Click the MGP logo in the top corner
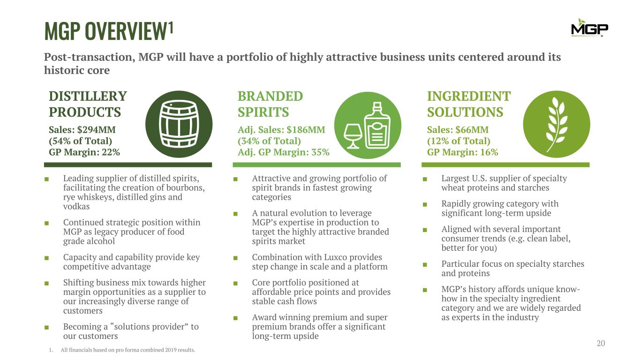click(590, 28)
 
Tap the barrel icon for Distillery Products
click(179, 124)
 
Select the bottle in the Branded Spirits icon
click(377, 126)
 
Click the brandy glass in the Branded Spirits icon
click(353, 136)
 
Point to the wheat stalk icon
click(556, 125)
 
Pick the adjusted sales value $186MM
click(306, 130)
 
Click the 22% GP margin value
click(111, 152)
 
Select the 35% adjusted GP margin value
click(320, 152)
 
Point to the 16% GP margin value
click(489, 152)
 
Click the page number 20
click(601, 343)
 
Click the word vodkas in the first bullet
click(76, 206)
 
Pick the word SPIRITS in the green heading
click(264, 112)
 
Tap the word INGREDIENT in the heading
click(469, 96)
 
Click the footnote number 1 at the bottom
click(51, 350)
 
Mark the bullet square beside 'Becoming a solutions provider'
click(46, 328)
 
